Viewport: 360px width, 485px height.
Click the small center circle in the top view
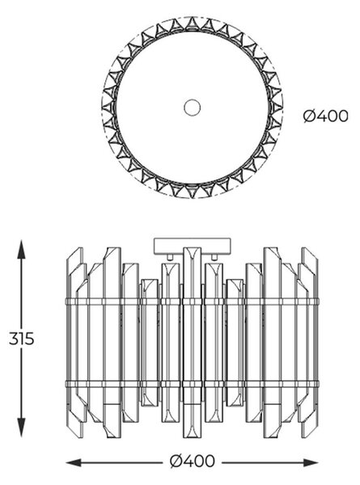(x=192, y=108)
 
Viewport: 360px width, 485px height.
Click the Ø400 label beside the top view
(x=325, y=116)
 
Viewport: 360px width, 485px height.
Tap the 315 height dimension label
(x=21, y=339)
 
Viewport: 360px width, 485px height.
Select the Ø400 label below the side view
(x=192, y=462)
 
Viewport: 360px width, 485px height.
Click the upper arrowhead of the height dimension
(x=21, y=249)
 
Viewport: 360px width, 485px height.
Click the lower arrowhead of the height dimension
(x=21, y=427)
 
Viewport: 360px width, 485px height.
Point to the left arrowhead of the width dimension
(x=74, y=462)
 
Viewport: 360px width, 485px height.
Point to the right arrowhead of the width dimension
(x=311, y=462)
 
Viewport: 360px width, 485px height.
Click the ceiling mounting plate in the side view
(x=193, y=246)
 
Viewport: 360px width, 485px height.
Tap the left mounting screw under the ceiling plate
(x=170, y=257)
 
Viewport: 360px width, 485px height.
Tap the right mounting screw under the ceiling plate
(x=214, y=257)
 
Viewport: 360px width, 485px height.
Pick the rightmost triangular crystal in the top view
(x=277, y=108)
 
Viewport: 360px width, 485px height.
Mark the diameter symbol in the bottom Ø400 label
(x=176, y=462)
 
